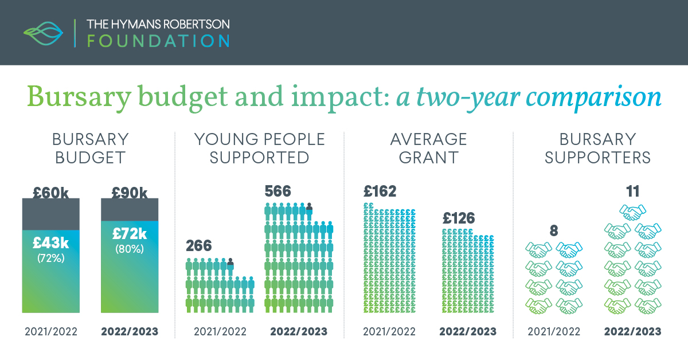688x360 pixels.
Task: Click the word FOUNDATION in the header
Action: (x=158, y=41)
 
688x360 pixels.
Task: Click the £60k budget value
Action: (x=50, y=193)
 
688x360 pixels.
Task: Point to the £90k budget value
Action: (x=130, y=193)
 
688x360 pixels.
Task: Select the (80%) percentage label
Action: (x=130, y=249)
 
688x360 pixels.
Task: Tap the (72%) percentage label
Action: (x=50, y=258)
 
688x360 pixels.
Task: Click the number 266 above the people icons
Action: (x=198, y=246)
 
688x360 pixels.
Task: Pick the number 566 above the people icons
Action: (x=277, y=191)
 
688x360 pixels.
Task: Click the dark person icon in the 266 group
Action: (x=230, y=264)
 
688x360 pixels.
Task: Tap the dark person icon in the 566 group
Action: (x=309, y=209)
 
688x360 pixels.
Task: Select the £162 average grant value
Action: (x=380, y=191)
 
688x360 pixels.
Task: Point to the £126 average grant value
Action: (x=459, y=218)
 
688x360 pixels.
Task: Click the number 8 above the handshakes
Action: (x=554, y=230)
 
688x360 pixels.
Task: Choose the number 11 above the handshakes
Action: (x=633, y=191)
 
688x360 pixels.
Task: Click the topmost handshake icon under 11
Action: (x=633, y=213)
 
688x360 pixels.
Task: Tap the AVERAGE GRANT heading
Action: (x=428, y=148)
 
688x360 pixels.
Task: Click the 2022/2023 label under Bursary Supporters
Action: (x=633, y=331)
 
